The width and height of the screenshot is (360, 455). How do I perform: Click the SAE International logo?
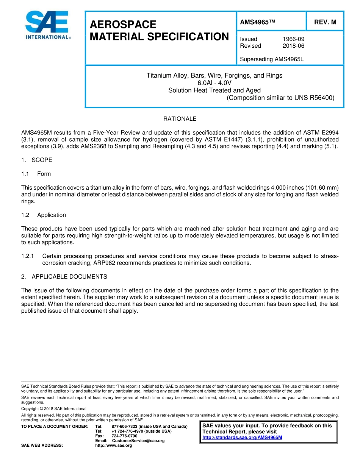pos(47,25)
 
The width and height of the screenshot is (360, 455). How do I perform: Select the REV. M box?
pos(325,22)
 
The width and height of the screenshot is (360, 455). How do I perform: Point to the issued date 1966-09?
pos(293,39)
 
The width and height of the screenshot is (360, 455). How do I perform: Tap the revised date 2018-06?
pos(293,46)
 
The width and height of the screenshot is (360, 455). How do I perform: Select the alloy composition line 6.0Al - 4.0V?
pos(214,83)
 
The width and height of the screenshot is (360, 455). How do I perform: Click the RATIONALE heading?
pos(180,119)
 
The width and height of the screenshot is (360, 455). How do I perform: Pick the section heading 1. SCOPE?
pos(37,160)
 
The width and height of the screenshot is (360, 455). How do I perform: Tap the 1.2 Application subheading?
pos(44,215)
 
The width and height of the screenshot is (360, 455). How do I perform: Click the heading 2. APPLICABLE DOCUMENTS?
pos(64,277)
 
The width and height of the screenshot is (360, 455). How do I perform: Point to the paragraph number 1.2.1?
pos(28,256)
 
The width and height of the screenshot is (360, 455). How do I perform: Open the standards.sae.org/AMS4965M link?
pos(242,438)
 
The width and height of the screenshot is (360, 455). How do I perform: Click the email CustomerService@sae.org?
pos(138,441)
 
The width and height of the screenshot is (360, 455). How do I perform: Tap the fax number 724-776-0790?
pos(124,436)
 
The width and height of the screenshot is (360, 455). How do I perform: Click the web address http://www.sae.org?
pos(113,446)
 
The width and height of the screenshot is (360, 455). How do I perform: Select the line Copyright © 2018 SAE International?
pos(54,409)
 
